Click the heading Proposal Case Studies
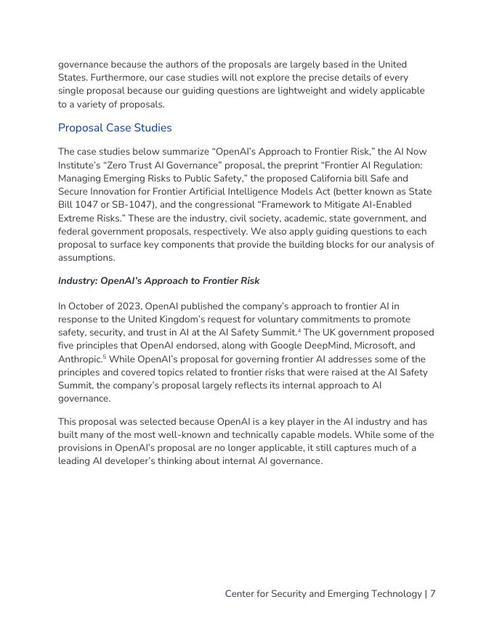115,128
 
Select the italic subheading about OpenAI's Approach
158,281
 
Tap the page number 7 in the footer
432,594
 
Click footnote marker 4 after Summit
299,330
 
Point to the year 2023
129,306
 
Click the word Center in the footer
241,594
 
